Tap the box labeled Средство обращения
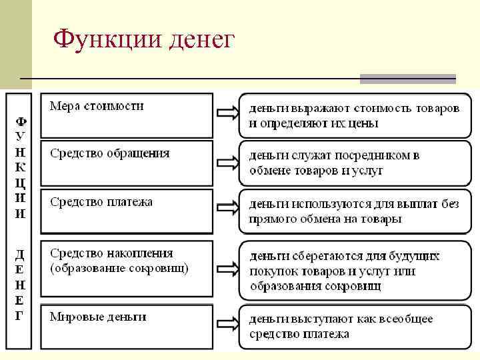[127, 162]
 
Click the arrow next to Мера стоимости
[227, 113]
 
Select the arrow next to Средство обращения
[227, 163]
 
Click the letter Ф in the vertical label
[21, 122]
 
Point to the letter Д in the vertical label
[21, 255]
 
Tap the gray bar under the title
[407, 79]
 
